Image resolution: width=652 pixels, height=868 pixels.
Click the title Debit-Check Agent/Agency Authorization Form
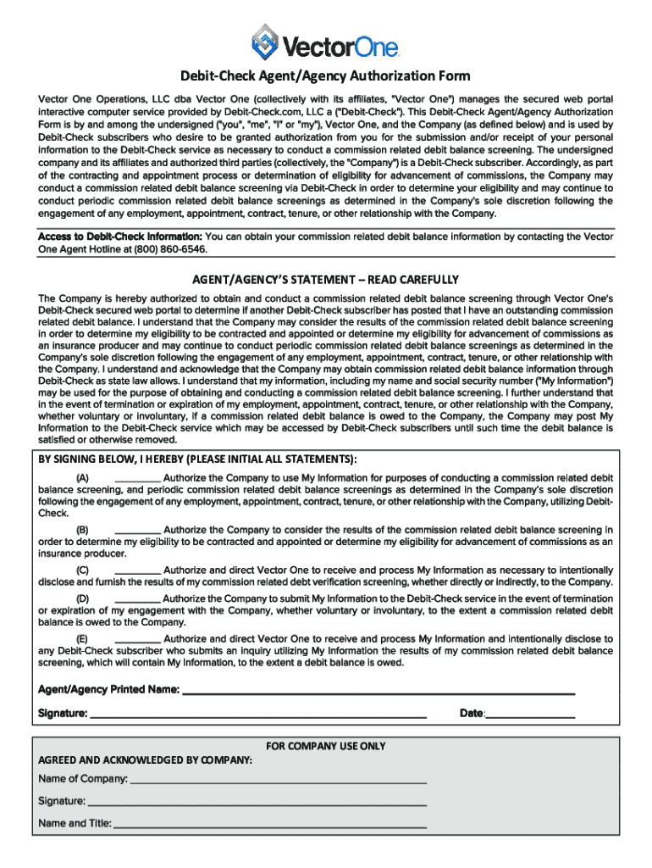tap(325, 76)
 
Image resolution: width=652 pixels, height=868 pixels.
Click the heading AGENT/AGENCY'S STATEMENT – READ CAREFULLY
tap(325, 279)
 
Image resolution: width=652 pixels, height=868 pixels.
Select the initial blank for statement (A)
tap(136, 480)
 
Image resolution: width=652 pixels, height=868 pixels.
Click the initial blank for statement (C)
tap(136, 571)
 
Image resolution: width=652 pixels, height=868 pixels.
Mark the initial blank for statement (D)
tap(136, 599)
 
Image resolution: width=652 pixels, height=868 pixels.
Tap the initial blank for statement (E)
tap(136, 639)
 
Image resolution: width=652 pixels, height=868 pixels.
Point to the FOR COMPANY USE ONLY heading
tap(326, 747)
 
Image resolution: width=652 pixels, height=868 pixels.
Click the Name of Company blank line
tap(278, 780)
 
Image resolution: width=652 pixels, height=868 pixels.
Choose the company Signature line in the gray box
tap(257, 802)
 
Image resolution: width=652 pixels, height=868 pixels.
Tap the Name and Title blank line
tap(269, 824)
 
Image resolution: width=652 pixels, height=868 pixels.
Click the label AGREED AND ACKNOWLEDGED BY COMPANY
tap(145, 760)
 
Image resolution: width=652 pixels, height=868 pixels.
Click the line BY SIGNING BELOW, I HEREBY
tap(197, 459)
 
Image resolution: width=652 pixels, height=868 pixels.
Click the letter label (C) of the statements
tap(84, 570)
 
